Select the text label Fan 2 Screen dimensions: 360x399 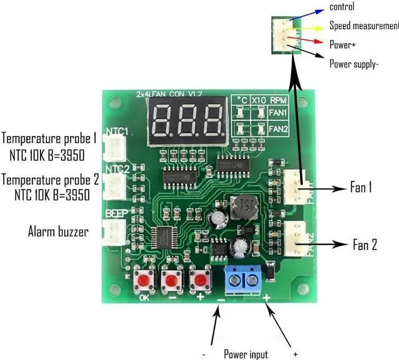tap(365, 244)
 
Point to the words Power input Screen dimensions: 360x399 tap(246, 354)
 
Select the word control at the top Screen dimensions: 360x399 tap(342, 7)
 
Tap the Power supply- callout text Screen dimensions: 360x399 tap(354, 63)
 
